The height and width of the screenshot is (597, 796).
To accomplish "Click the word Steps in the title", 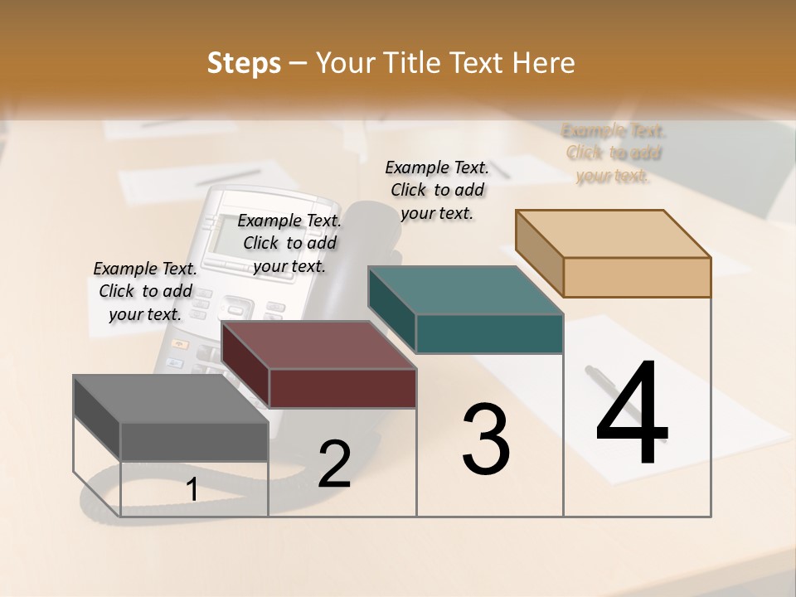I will [244, 63].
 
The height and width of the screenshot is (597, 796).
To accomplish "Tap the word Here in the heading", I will [544, 63].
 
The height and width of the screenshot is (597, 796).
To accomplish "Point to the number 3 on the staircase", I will [486, 439].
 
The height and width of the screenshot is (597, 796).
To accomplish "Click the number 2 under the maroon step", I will [334, 464].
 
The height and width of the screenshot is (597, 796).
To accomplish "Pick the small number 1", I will [192, 490].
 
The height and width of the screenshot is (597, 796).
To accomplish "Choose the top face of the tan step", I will [614, 234].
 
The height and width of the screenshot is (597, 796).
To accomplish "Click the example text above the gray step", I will [145, 291].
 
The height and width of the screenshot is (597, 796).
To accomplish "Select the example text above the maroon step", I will [289, 243].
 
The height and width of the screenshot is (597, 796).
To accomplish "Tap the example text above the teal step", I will [437, 190].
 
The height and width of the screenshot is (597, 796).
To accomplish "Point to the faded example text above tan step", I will [614, 153].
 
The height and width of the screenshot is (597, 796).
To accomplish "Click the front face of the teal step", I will [489, 334].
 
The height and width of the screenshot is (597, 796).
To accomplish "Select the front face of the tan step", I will [637, 277].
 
